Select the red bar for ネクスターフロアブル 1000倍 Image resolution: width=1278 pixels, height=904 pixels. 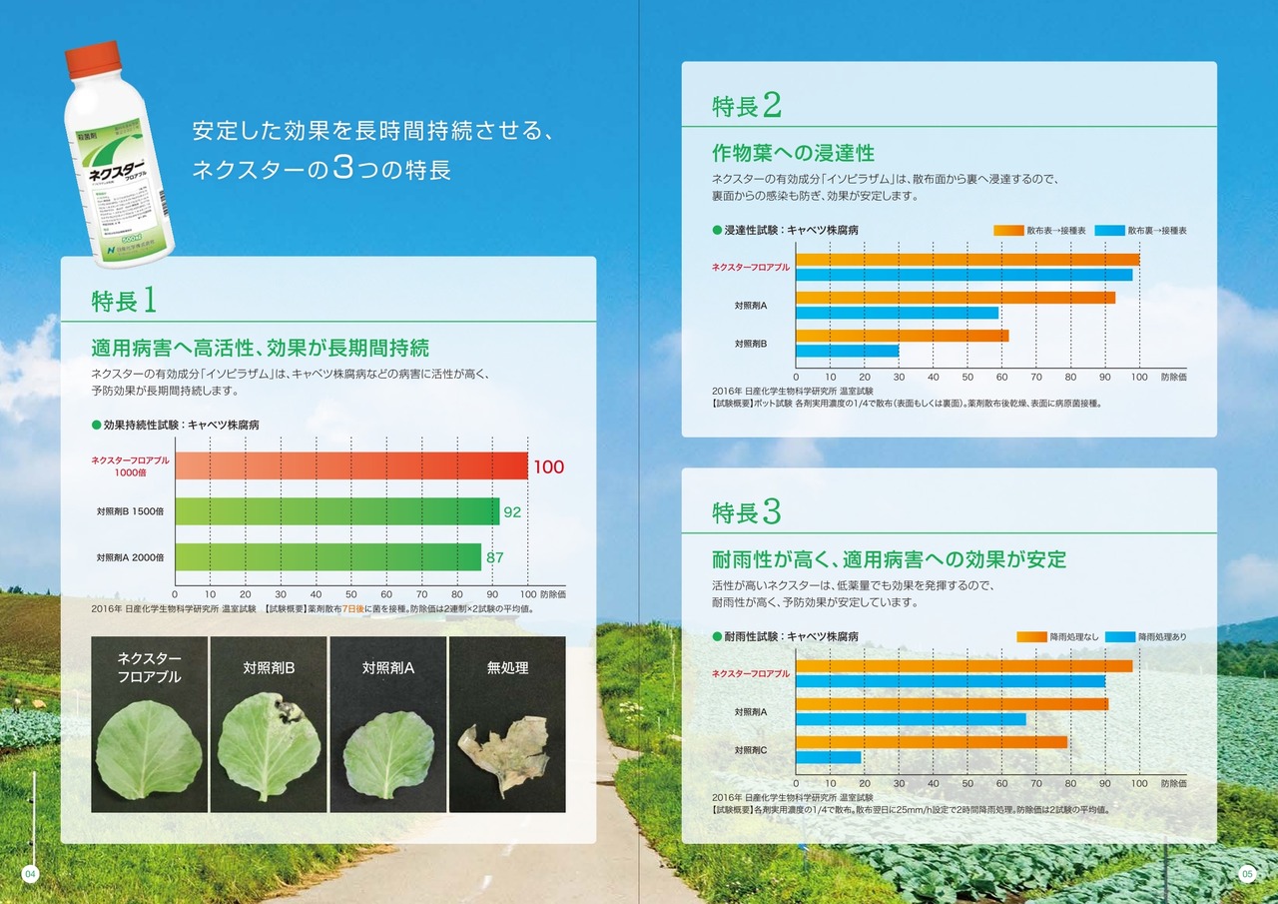coord(351,465)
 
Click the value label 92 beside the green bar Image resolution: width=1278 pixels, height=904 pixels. coord(512,511)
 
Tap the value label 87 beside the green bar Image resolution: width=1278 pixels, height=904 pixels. coord(494,557)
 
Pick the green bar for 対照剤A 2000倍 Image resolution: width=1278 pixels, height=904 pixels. coord(328,557)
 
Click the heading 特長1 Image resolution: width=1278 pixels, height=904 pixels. coord(123,299)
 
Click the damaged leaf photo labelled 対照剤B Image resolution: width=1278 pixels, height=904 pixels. coord(269,749)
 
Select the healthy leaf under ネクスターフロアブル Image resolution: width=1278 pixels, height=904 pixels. coord(150,749)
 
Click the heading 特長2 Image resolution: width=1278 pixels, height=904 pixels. coord(746,105)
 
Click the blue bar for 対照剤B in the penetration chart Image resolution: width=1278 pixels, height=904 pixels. coord(847,351)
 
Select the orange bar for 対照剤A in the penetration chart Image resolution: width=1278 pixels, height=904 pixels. coord(956,298)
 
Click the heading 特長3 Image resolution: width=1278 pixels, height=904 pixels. coord(746,511)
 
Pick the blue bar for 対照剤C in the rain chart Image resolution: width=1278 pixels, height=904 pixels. coord(828,757)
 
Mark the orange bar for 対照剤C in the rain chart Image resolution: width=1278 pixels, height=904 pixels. coord(932,742)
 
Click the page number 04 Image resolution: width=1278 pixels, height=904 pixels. coord(30,874)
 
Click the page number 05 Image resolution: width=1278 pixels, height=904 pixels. coord(1247,874)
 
